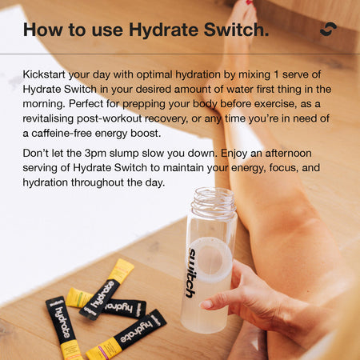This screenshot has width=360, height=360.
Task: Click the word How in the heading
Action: (x=42, y=30)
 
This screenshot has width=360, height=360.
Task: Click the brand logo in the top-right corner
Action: (x=327, y=30)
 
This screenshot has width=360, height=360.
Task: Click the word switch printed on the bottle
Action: (x=191, y=273)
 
